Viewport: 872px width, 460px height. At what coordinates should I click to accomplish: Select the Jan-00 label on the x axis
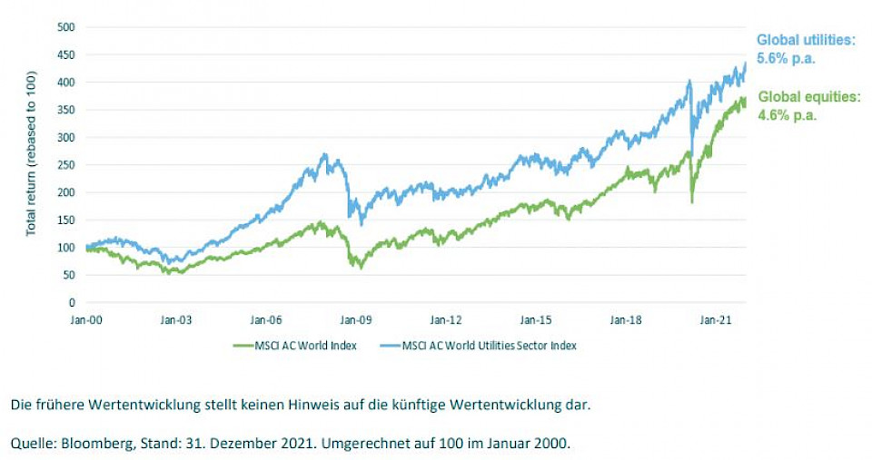[x=86, y=319]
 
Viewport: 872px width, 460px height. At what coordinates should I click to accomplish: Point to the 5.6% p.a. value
[x=787, y=58]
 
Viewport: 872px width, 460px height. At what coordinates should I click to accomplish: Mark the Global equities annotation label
[x=808, y=96]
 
